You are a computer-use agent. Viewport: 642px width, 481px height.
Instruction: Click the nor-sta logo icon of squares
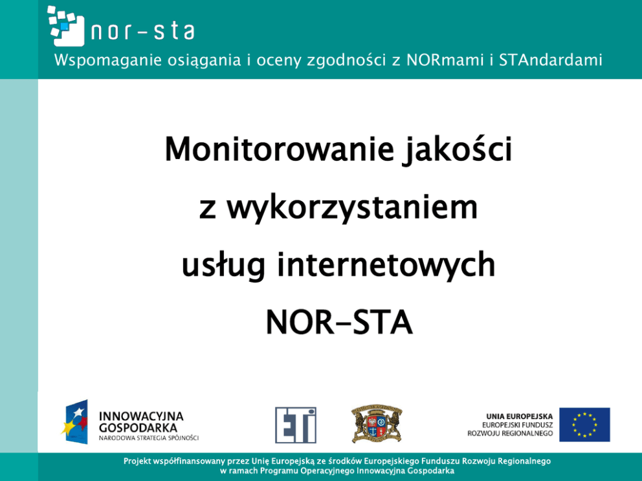tap(66, 26)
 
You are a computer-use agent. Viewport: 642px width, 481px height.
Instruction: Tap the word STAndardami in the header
tap(550, 60)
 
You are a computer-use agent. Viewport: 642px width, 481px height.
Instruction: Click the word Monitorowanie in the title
tap(279, 149)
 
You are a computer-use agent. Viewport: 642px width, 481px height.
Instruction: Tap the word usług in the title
tap(223, 266)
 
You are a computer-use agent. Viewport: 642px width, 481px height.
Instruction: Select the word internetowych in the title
tap(386, 265)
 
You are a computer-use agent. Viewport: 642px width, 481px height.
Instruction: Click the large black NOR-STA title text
tap(339, 323)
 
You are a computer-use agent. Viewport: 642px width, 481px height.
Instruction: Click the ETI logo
tap(296, 425)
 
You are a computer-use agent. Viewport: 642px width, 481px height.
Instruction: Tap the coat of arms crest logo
tap(377, 423)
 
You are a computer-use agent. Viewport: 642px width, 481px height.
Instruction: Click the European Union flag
tap(584, 425)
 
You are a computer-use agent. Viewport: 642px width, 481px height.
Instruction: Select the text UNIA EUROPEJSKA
tap(519, 416)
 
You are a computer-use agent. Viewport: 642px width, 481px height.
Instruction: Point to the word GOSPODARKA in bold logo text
tap(138, 428)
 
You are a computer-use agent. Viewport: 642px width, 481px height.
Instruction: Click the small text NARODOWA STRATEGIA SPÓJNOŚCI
tap(149, 438)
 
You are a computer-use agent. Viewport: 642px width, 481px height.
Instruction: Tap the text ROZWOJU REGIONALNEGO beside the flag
tap(510, 434)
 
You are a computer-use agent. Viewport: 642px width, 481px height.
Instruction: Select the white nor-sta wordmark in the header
tap(142, 32)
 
